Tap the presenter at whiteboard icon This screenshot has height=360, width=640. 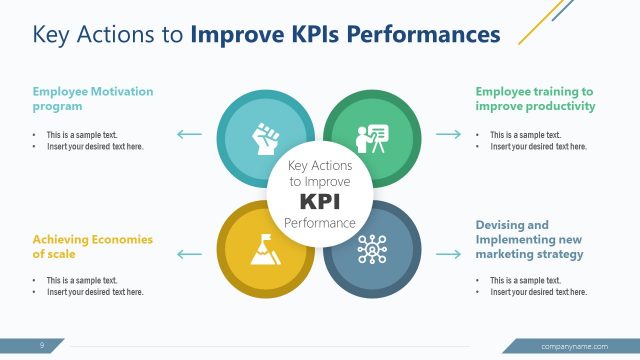(370, 137)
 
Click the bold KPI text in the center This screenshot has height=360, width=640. (320, 200)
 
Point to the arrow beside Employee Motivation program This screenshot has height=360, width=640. (189, 133)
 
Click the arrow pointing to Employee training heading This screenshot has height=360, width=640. (448, 133)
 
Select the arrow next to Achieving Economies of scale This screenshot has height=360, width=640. (189, 254)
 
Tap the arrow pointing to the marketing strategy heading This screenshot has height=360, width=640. (448, 254)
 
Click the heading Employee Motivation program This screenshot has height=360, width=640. (93, 98)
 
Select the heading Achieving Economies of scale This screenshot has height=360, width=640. (92, 246)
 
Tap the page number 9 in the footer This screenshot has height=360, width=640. (42, 346)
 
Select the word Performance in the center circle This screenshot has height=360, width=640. (320, 222)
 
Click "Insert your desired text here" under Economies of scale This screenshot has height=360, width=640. (94, 292)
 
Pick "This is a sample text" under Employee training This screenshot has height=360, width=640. (525, 134)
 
